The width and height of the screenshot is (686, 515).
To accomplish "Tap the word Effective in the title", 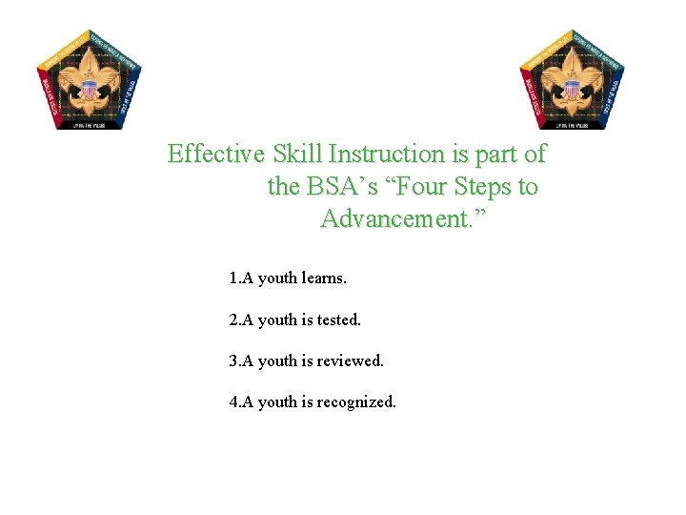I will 215,154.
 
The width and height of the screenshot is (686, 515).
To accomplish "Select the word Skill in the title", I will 296,154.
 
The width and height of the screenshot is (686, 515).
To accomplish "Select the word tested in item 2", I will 338,320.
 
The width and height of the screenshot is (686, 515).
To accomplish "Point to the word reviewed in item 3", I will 350,361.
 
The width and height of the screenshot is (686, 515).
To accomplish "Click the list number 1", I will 233,279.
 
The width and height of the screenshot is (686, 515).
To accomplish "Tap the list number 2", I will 233,320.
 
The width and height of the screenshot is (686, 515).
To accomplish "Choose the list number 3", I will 233,361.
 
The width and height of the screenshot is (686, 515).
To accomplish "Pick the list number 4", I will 233,402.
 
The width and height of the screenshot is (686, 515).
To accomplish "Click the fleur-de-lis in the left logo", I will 91,84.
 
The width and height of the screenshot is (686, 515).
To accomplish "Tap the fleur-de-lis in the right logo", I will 572,84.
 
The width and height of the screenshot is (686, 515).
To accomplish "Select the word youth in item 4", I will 277,402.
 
